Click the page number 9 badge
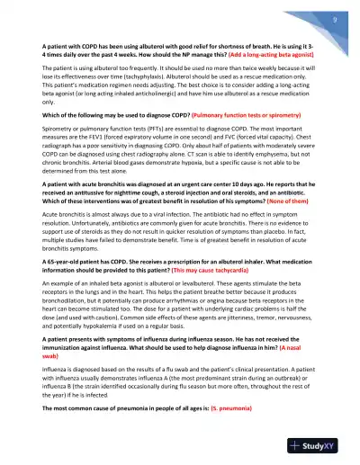(x=334, y=19)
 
